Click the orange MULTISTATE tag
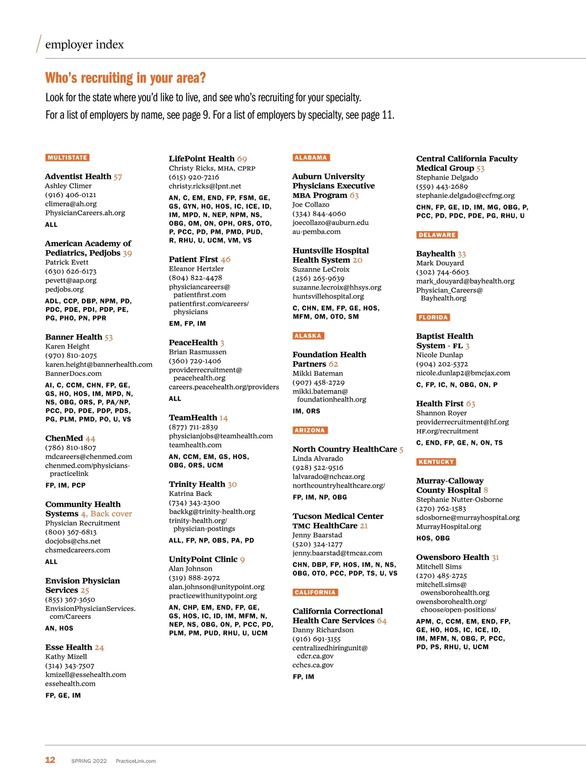(x=67, y=158)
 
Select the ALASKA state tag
(x=308, y=336)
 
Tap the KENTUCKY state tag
(x=436, y=462)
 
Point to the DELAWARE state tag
(x=437, y=235)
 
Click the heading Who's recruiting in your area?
(x=126, y=78)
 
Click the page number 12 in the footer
(x=50, y=760)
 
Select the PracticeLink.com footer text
(x=136, y=761)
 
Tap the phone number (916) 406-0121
(x=71, y=195)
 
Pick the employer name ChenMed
(x=64, y=438)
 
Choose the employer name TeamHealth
(x=193, y=418)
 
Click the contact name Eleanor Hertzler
(x=196, y=268)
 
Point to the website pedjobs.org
(x=64, y=289)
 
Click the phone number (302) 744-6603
(x=442, y=272)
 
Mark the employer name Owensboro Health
(x=452, y=557)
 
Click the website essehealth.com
(x=70, y=684)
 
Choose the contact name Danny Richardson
(x=323, y=630)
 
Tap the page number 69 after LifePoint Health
(x=242, y=159)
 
